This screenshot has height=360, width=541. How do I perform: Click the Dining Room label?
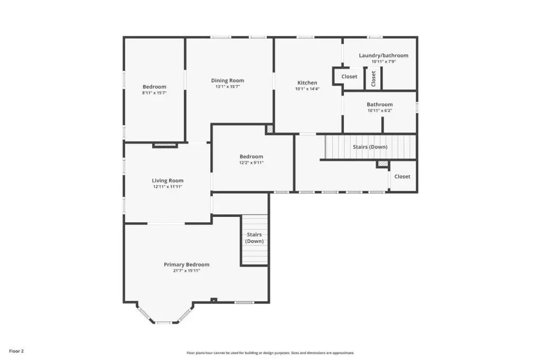(227, 80)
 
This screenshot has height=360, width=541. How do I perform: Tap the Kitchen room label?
(307, 83)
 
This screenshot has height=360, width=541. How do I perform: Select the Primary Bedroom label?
(186, 264)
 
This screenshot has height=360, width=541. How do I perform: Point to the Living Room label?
(167, 181)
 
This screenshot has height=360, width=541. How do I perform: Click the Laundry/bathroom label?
(384, 55)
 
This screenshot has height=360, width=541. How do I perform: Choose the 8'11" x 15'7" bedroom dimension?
(154, 93)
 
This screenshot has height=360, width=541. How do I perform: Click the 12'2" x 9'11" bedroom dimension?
(251, 163)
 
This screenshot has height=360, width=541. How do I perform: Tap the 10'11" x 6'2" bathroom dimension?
(379, 110)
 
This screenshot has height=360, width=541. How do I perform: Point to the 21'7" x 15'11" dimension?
(186, 271)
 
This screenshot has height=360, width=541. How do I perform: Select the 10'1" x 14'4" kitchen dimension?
(307, 89)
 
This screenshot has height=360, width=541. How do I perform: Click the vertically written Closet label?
(373, 79)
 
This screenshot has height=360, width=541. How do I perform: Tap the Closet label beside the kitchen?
(349, 77)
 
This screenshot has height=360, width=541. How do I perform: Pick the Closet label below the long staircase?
(402, 176)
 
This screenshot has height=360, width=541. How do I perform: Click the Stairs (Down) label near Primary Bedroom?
(254, 238)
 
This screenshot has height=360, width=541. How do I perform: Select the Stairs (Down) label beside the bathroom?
(370, 147)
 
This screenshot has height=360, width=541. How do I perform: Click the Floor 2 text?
(16, 351)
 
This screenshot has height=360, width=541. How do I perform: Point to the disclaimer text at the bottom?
(270, 353)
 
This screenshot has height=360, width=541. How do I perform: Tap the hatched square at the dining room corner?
(270, 129)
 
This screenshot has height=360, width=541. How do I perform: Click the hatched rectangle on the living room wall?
(165, 145)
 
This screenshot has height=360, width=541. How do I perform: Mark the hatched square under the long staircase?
(383, 164)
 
